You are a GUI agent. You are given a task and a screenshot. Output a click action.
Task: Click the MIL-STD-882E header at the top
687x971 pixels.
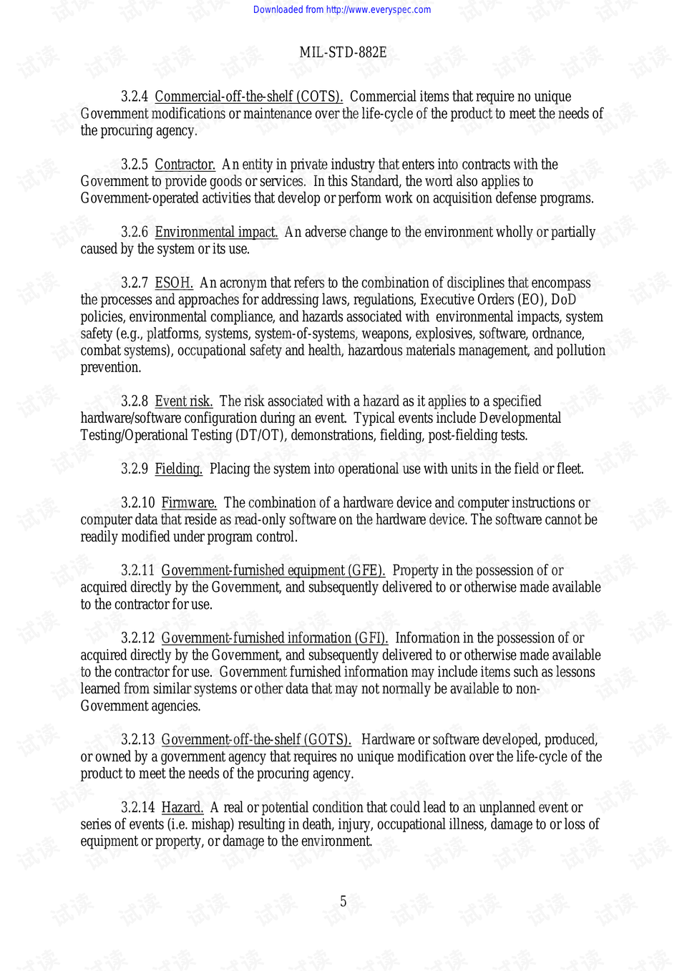tap(343, 52)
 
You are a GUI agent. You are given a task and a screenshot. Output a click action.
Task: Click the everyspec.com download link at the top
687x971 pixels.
tap(342, 9)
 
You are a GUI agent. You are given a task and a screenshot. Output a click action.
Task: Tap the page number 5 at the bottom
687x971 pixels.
tap(343, 902)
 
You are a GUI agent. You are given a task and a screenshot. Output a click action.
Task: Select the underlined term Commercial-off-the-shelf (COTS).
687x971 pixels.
tap(248, 97)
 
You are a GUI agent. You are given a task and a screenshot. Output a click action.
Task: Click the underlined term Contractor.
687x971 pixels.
tap(185, 165)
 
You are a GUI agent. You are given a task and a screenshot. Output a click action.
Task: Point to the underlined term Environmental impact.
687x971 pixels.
tap(216, 232)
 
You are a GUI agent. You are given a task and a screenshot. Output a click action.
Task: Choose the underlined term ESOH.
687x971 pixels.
tap(174, 283)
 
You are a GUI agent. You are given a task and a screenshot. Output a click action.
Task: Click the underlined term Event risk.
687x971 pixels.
tap(183, 401)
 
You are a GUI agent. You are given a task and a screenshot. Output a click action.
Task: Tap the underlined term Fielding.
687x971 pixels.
tap(178, 469)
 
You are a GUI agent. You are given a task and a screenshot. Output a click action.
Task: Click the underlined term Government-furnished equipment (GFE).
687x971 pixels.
tap(273, 570)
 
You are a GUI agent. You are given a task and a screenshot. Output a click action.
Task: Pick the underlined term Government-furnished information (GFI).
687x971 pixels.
tap(274, 638)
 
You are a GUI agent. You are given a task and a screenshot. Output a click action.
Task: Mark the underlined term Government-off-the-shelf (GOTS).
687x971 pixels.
tap(256, 739)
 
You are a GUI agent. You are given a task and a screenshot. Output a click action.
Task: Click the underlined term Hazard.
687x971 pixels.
tap(182, 807)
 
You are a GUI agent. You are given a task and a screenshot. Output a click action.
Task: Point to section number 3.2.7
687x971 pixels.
tap(135, 283)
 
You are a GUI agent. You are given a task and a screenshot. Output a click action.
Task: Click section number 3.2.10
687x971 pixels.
tap(137, 503)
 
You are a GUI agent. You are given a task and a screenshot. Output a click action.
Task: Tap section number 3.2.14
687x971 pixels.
tap(137, 807)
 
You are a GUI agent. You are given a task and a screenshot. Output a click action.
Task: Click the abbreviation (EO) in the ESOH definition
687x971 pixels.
tap(530, 300)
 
